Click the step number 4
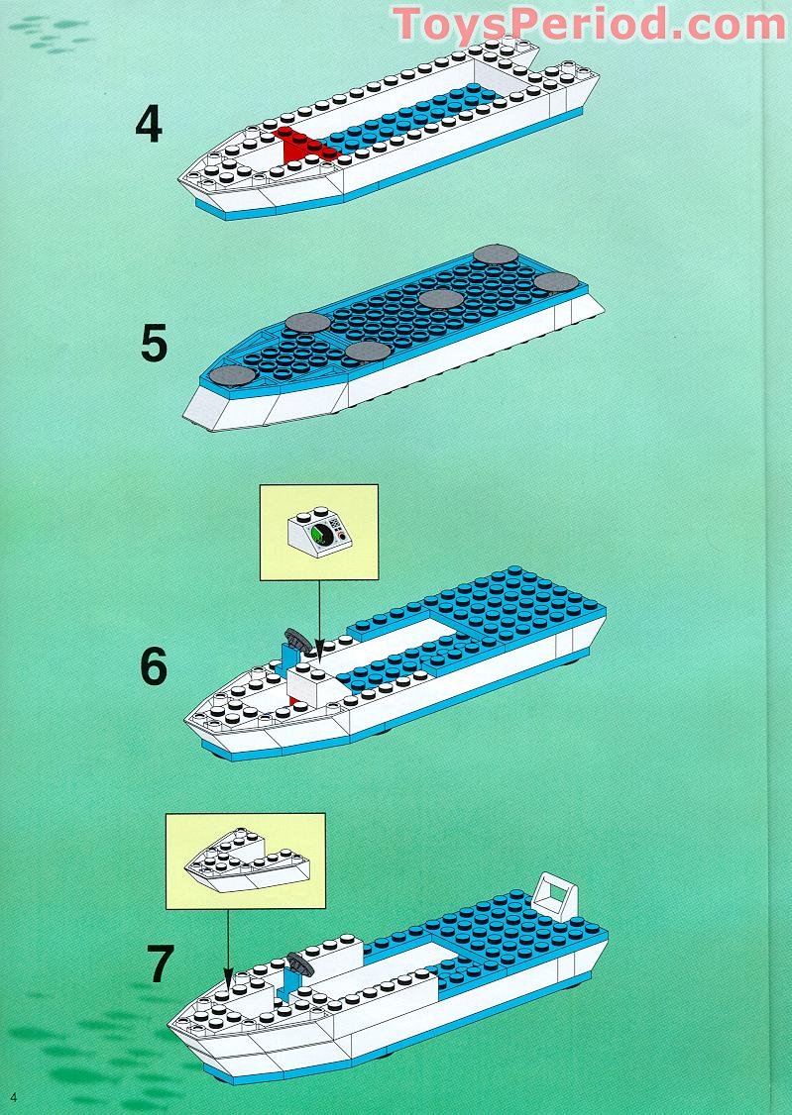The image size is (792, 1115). (148, 125)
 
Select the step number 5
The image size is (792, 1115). (154, 343)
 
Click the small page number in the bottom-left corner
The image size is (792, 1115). (14, 1096)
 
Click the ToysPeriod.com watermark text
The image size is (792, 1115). (590, 24)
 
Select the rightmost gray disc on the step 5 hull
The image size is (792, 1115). (557, 282)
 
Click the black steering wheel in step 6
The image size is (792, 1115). (296, 639)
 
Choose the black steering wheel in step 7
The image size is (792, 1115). (300, 961)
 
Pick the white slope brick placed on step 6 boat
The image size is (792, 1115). (313, 684)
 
